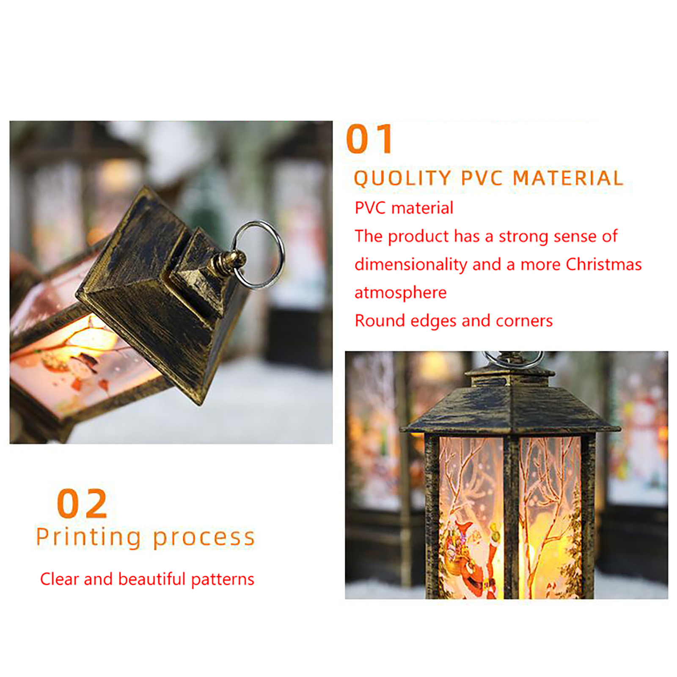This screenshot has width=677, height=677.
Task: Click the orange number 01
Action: [x=369, y=139]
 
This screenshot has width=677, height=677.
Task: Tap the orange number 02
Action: [x=82, y=503]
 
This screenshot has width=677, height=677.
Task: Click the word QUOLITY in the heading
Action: [x=402, y=178]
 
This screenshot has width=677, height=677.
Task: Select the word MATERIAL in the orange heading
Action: [x=568, y=178]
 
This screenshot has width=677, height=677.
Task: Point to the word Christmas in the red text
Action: [x=604, y=264]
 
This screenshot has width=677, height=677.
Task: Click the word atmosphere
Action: [x=400, y=293]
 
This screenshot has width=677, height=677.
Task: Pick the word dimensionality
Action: [x=410, y=265]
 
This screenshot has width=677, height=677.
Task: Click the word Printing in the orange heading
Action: [x=88, y=538]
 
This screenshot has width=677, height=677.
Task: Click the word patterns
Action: [x=223, y=580]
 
